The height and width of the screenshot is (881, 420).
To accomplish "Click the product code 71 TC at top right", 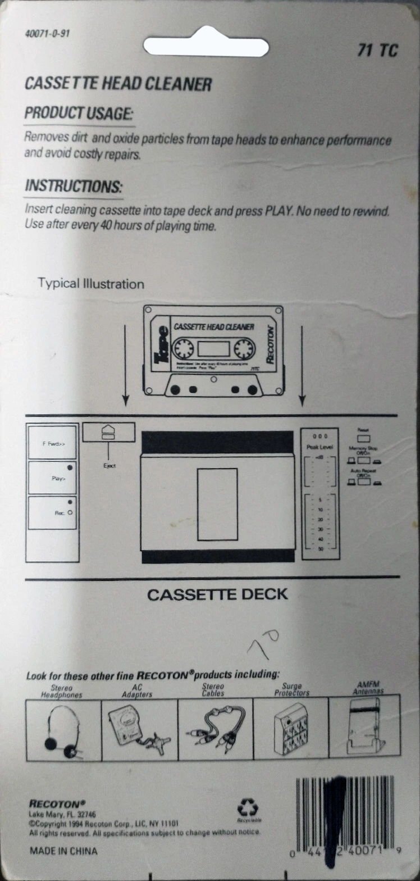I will pos(377,51).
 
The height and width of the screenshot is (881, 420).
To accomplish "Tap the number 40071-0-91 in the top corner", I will pos(48,33).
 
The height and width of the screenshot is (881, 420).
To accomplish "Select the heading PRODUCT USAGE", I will pos(79,113).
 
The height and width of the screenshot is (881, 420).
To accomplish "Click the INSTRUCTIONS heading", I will pos(73,186).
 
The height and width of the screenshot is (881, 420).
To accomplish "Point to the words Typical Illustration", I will pos(91,284).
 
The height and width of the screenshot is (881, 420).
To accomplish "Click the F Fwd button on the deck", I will pos(53,443).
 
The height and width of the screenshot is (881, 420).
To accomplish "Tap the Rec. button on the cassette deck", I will pos(53,512).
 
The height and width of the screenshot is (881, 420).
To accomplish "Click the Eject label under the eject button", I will pos(109,466).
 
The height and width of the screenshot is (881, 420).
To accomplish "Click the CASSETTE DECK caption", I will pos(217,594).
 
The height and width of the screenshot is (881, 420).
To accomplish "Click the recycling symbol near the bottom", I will pos(248,810).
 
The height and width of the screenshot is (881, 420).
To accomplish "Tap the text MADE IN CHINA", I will pos(63,851).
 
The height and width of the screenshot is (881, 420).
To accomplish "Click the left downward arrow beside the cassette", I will pos(126,365).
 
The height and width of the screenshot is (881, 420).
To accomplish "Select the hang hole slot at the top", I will pos(206,46).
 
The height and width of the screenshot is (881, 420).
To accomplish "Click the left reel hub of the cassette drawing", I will pos(182,350).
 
